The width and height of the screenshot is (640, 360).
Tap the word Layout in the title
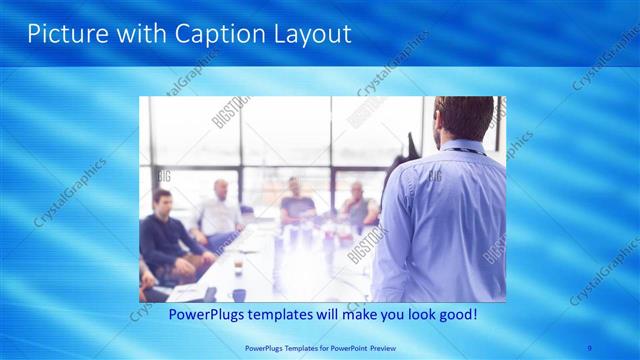(308, 34)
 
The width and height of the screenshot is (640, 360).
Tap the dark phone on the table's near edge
(211, 294)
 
